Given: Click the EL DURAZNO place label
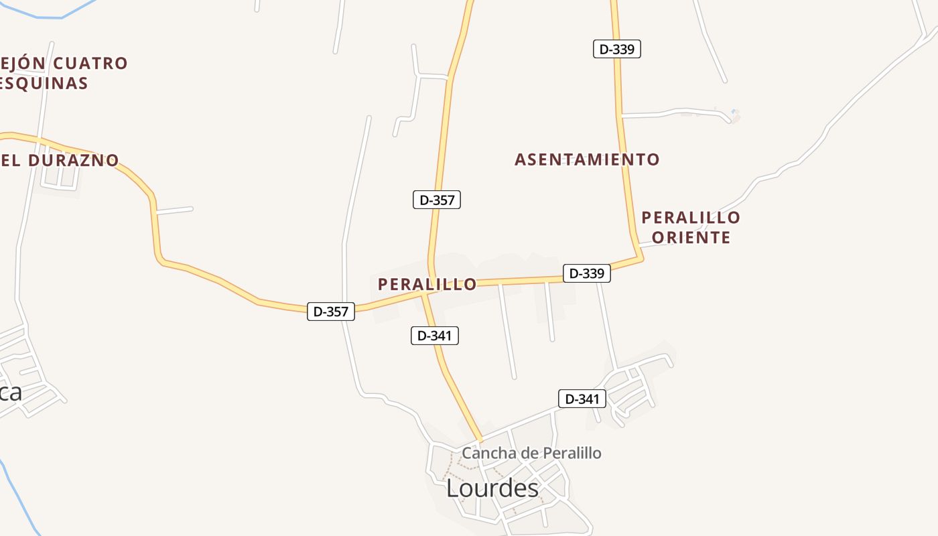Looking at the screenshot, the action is pyautogui.click(x=60, y=161).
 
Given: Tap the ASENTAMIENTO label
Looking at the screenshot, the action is pyautogui.click(x=587, y=159).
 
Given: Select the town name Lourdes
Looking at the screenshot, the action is pyautogui.click(x=492, y=488).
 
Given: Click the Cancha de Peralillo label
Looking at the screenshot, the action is pyautogui.click(x=531, y=454).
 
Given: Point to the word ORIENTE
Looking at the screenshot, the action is pyautogui.click(x=691, y=237).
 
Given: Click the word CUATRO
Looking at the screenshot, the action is pyautogui.click(x=90, y=64).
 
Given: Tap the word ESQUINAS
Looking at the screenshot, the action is pyautogui.click(x=44, y=83).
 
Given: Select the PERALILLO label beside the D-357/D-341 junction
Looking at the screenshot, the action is pyautogui.click(x=427, y=284).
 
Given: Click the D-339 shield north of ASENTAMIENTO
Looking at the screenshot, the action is pyautogui.click(x=617, y=49).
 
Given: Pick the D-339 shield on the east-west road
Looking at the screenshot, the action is pyautogui.click(x=587, y=273).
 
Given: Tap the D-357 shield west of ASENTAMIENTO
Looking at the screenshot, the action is pyautogui.click(x=437, y=200).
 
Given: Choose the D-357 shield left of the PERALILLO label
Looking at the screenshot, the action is pyautogui.click(x=331, y=312).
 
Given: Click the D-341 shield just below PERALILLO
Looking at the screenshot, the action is pyautogui.click(x=435, y=336).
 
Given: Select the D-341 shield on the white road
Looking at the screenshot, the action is pyautogui.click(x=582, y=399).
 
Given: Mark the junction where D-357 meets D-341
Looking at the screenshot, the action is pyautogui.click(x=423, y=293).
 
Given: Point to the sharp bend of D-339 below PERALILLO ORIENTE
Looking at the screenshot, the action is pyautogui.click(x=641, y=258).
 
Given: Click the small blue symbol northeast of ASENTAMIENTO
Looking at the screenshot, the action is pyautogui.click(x=734, y=112).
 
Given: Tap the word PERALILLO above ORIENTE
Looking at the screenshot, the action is pyautogui.click(x=691, y=218).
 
